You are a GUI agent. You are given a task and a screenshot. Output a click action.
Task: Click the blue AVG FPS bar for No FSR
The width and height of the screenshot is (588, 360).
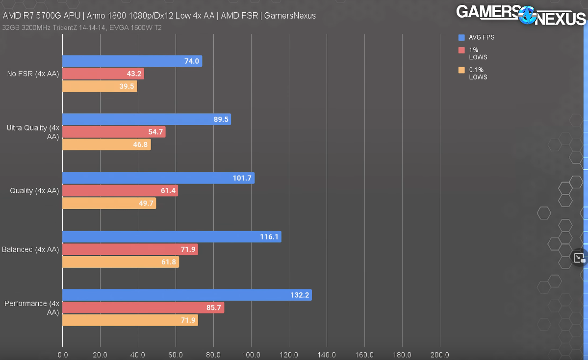[x=132, y=61]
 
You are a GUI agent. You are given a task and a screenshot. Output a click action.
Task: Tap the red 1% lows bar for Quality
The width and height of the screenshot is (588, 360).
[x=120, y=191]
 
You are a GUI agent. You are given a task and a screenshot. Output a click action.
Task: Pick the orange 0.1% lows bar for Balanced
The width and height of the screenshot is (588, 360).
[x=120, y=262]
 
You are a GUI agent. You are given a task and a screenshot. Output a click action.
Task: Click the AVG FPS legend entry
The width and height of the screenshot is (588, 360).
[x=481, y=37]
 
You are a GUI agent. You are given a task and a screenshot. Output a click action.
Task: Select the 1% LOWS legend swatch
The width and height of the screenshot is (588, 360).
[x=461, y=50]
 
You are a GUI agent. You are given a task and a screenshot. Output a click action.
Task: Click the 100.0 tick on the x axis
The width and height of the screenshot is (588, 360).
[x=251, y=355]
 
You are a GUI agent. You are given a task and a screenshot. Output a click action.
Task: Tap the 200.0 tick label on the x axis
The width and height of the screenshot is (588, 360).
[x=439, y=355]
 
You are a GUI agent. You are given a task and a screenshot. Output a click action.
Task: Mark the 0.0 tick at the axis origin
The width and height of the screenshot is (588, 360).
[x=63, y=355]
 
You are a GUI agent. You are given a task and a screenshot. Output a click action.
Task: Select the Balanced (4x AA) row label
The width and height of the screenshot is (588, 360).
[x=30, y=249]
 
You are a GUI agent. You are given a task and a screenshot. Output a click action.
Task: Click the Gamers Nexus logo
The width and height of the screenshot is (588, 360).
[x=521, y=14]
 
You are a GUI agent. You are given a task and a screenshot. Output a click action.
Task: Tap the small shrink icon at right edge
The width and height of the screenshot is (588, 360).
[x=579, y=257]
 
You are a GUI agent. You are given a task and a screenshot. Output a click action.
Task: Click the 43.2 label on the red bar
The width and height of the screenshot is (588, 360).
[x=134, y=74]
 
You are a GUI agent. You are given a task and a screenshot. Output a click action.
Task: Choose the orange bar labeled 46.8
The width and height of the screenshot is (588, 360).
[x=106, y=145]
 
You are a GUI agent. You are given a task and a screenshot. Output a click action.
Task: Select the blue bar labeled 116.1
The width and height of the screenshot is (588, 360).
[x=172, y=237]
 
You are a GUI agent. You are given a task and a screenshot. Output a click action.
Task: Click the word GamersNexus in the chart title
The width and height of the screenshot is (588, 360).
[x=289, y=16]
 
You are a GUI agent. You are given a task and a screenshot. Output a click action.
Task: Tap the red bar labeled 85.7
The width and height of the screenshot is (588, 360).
[x=143, y=308]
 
